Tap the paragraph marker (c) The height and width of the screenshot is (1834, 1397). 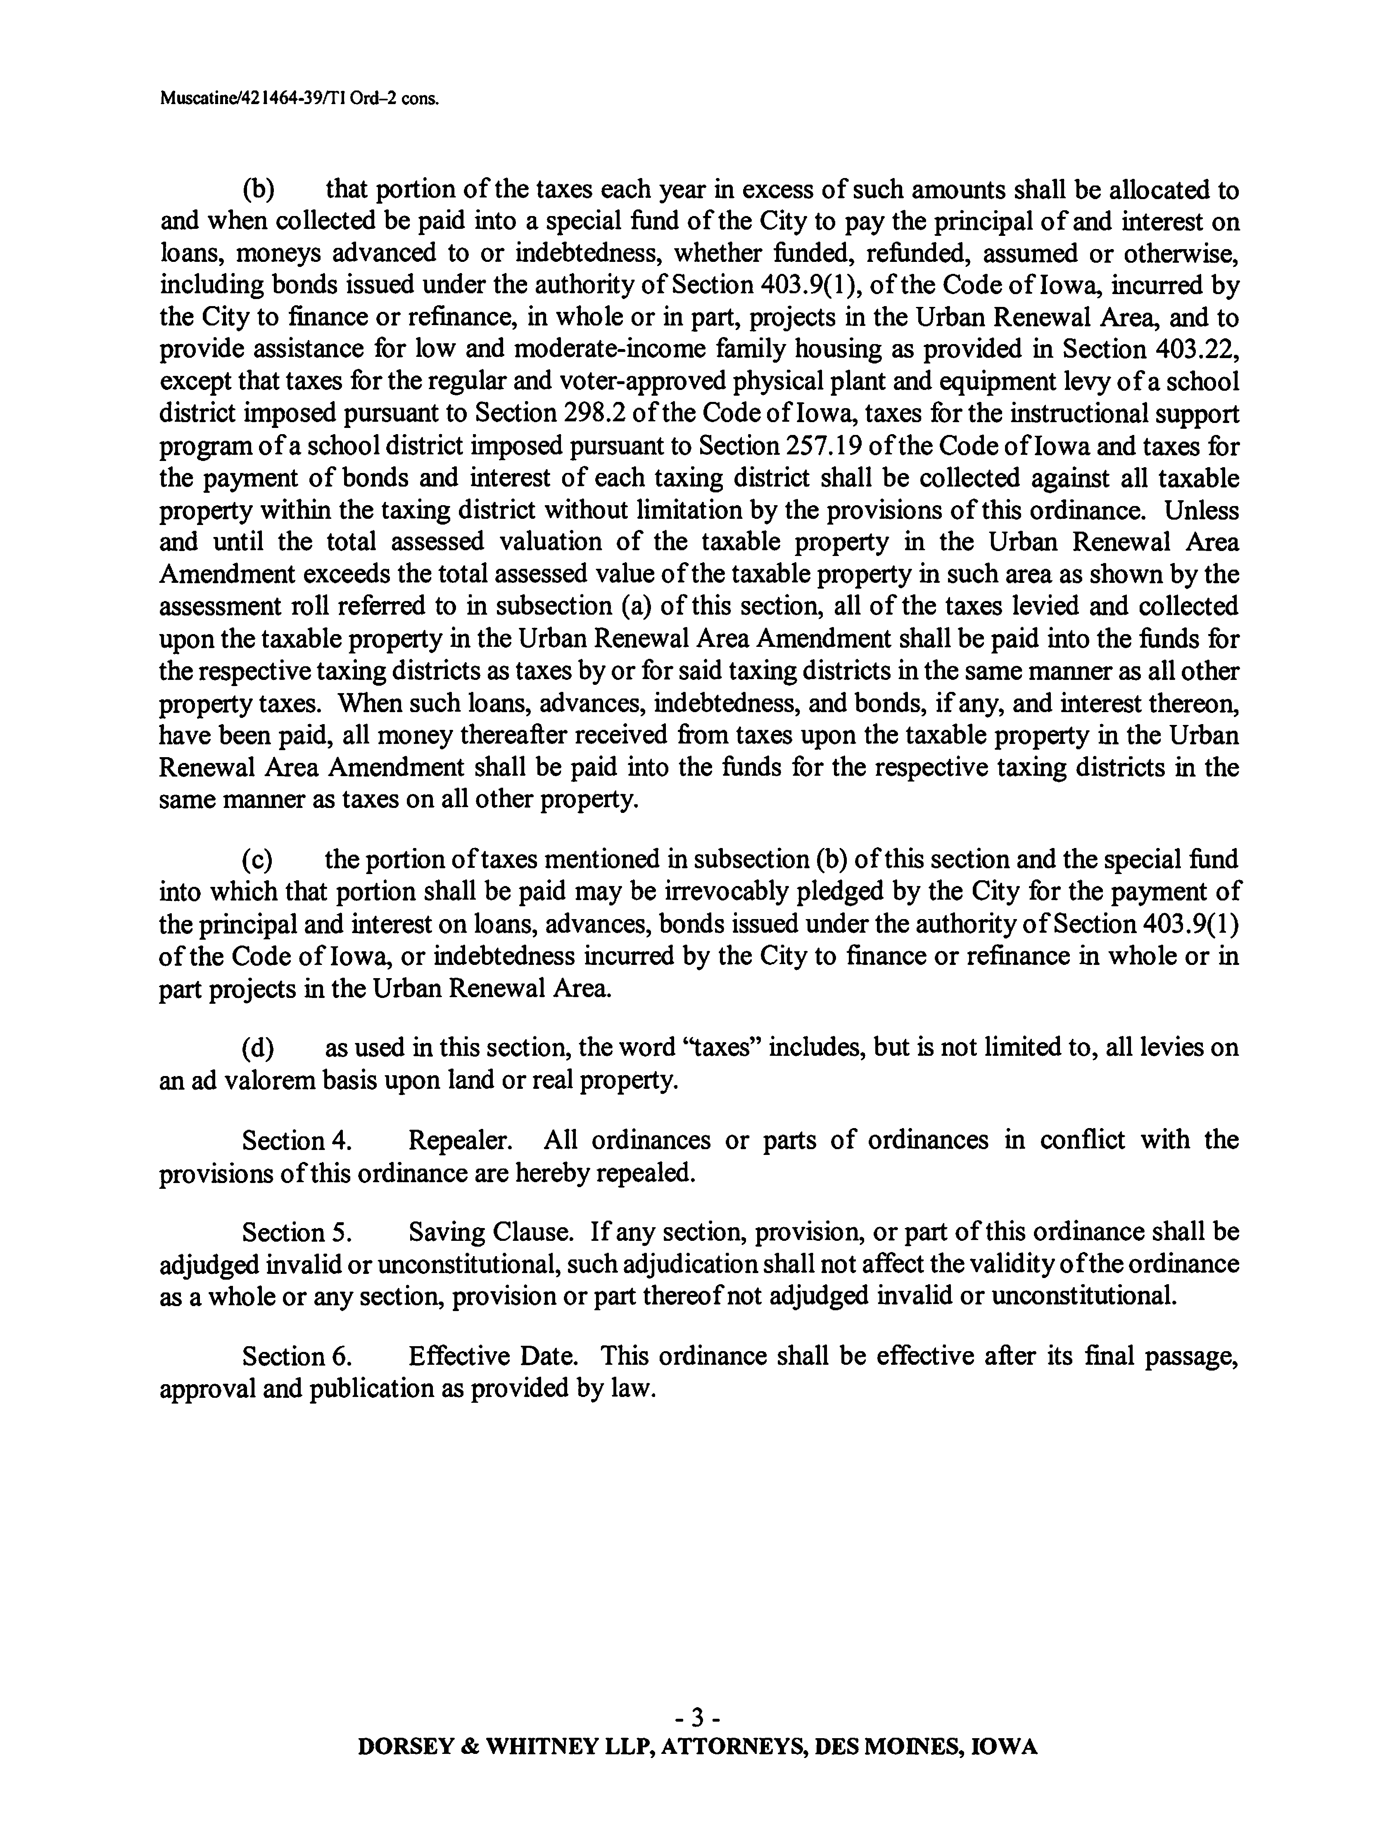(257, 859)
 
